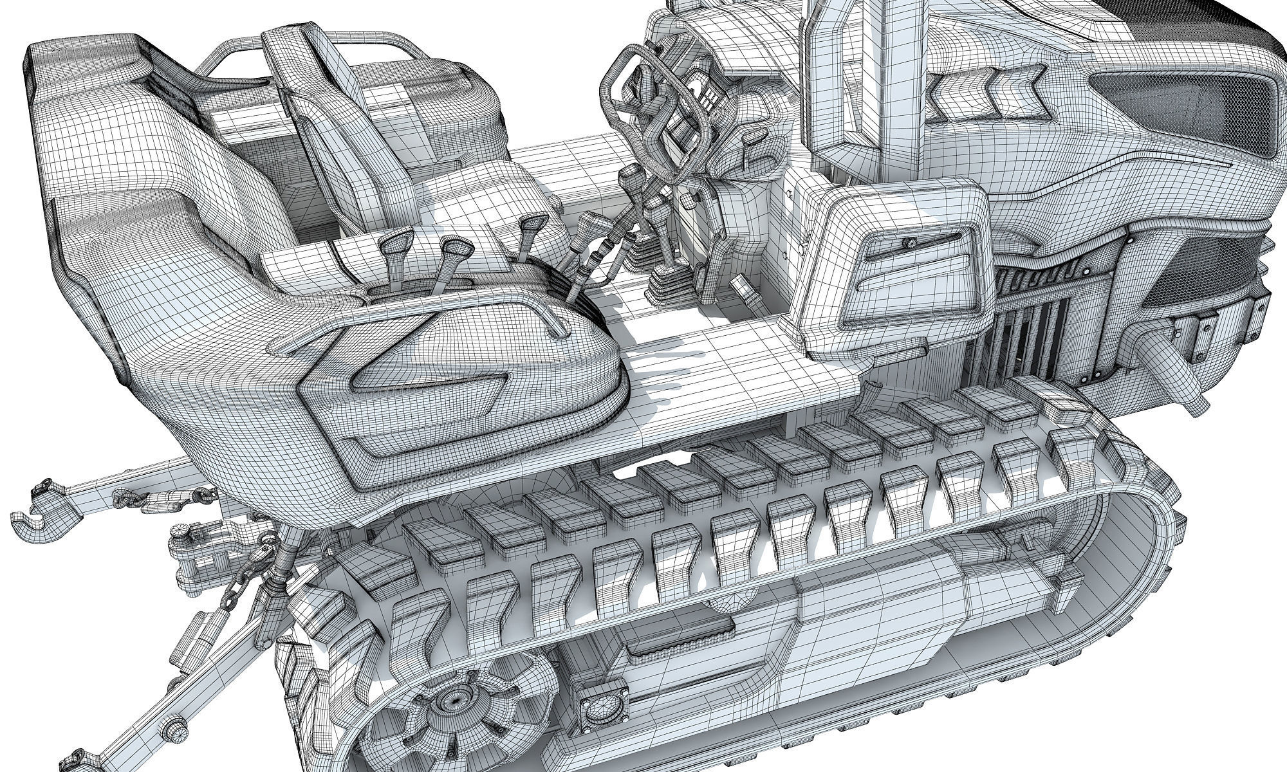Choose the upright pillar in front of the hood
coord(830,77)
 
